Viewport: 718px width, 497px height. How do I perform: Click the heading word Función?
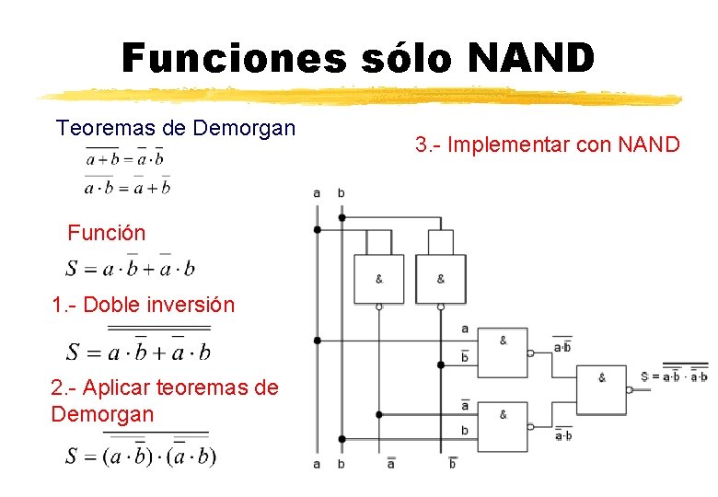coord(106,233)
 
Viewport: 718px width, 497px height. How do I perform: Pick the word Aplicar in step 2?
coord(120,388)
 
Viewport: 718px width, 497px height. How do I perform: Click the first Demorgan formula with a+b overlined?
coord(124,158)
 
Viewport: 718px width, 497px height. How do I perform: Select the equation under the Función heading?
coord(130,268)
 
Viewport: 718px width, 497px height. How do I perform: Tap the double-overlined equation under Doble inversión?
coord(138,351)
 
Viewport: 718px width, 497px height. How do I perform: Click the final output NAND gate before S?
coord(600,387)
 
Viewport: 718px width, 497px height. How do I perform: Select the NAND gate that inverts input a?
coord(378,279)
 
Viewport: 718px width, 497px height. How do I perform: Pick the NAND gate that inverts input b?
coord(440,279)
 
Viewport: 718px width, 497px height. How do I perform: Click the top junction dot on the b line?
coord(342,218)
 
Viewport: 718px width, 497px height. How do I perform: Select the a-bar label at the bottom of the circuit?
coord(391,464)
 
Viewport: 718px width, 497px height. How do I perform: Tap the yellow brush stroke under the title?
coord(359,96)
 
